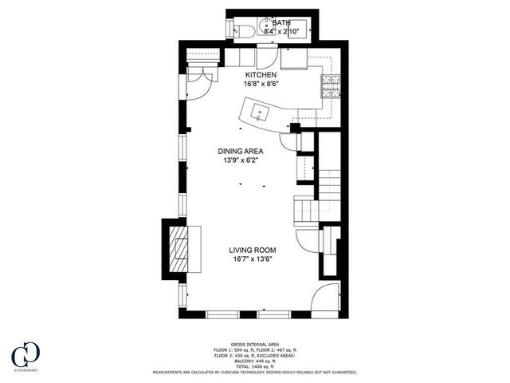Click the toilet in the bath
(246, 31)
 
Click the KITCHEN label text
(261, 75)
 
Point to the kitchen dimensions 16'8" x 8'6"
(261, 83)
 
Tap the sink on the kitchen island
(259, 111)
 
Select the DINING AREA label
(241, 150)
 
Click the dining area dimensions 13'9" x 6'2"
(241, 160)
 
